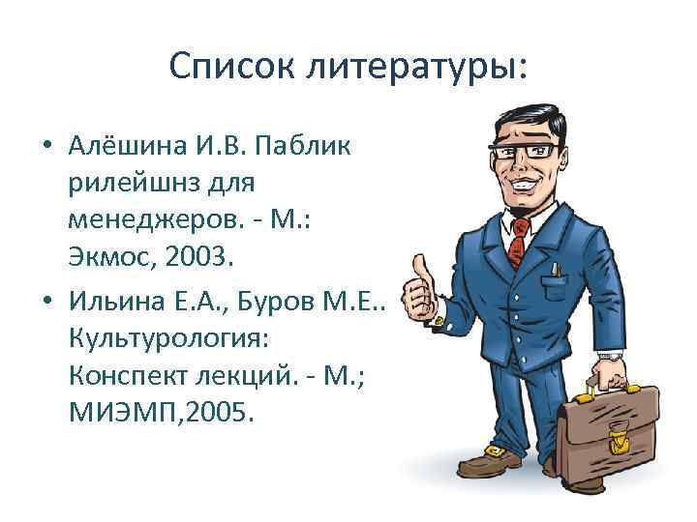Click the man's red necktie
coord(518,239)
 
